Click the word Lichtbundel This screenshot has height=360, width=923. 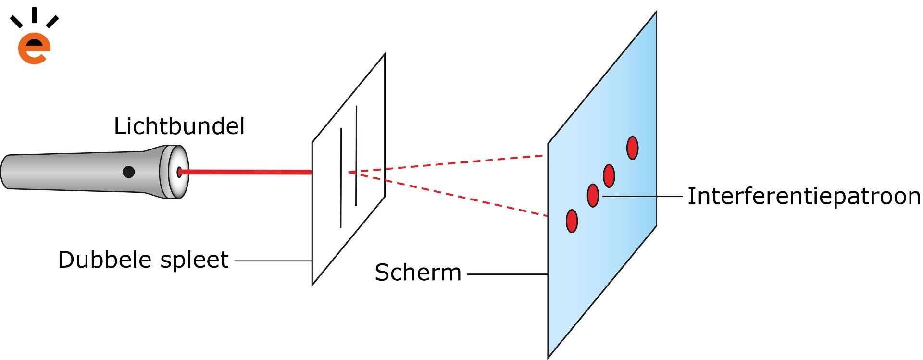(179, 126)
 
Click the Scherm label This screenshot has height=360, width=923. (418, 273)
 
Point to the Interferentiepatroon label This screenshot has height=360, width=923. (804, 197)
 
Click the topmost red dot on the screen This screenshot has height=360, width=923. (633, 148)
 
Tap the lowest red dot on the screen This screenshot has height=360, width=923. (572, 221)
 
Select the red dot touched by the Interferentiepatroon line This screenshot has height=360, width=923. (593, 196)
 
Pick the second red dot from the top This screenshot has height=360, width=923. (609, 175)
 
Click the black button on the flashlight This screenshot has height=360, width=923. (128, 172)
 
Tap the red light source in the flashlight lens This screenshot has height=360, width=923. (179, 172)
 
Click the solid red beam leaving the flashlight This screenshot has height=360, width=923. (245, 172)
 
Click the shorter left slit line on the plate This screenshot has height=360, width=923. (341, 178)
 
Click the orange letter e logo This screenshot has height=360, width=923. (34, 49)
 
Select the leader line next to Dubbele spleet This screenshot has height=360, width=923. (273, 261)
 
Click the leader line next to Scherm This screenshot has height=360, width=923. (507, 274)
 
